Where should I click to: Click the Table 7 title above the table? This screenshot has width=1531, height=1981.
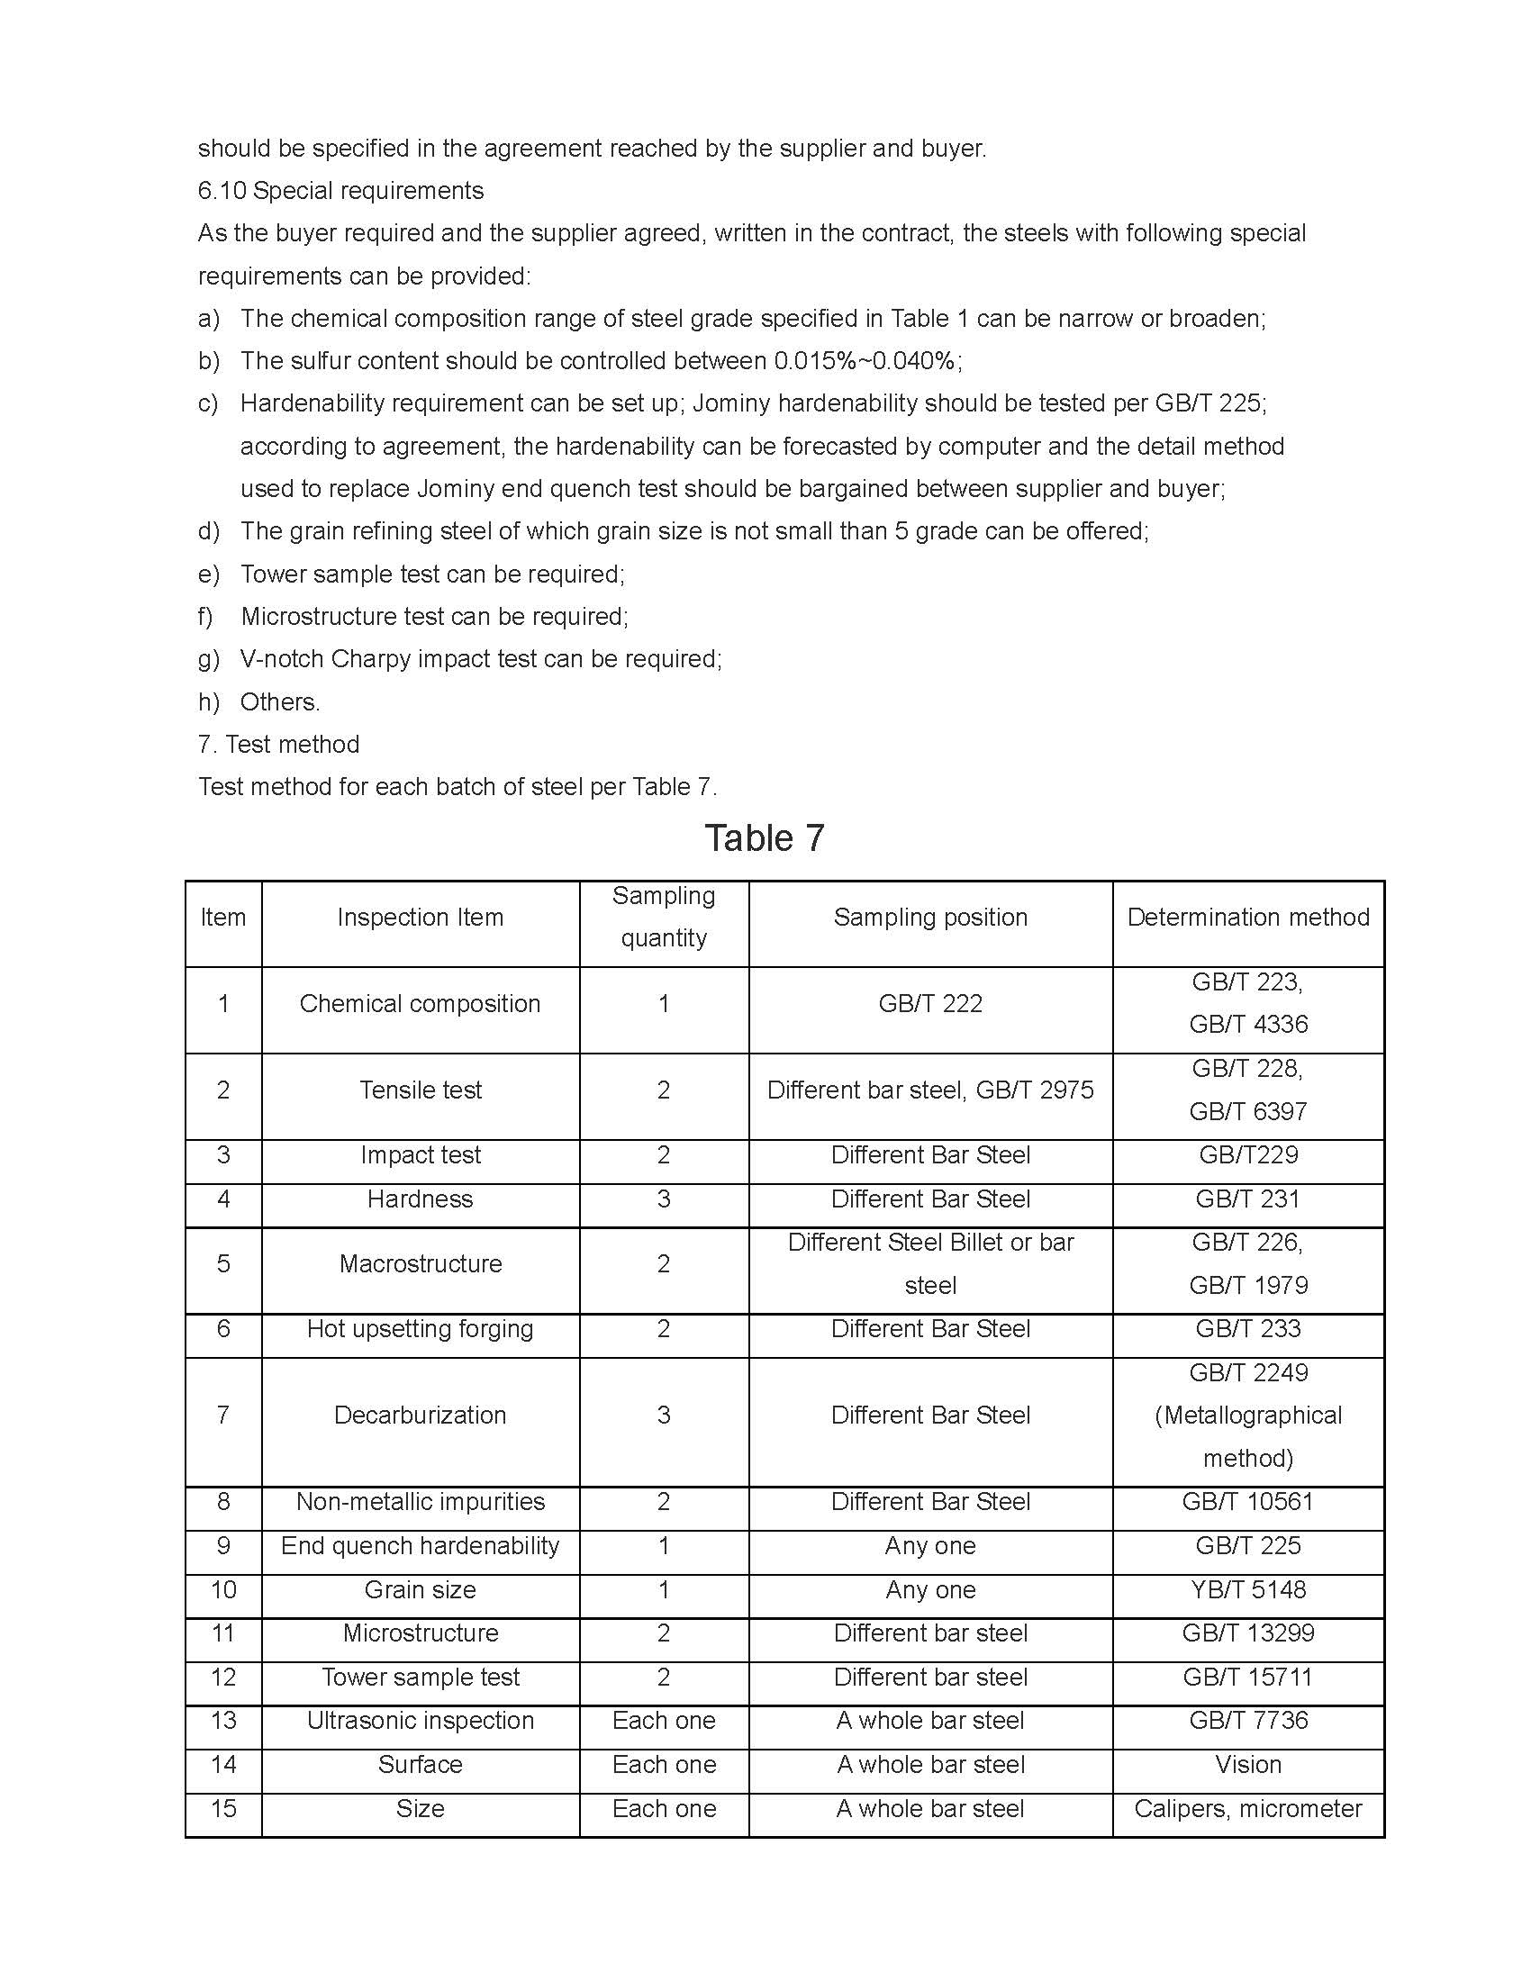click(x=765, y=838)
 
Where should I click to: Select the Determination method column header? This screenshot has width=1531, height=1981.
click(x=1248, y=917)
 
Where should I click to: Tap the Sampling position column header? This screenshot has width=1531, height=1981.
click(x=930, y=917)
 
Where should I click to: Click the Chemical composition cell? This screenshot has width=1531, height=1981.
click(x=420, y=1003)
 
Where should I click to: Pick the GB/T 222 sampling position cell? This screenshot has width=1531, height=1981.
click(x=930, y=1003)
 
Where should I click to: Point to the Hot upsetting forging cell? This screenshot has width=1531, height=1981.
click(x=420, y=1329)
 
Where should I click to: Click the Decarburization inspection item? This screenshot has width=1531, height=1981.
click(x=420, y=1415)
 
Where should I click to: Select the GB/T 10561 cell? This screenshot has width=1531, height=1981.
click(x=1248, y=1501)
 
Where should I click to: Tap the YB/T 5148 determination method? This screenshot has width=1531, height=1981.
click(x=1248, y=1589)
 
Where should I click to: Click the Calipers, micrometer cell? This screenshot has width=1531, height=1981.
click(x=1248, y=1809)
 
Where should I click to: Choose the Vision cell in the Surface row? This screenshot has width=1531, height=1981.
click(x=1248, y=1764)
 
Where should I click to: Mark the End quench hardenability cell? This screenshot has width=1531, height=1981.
click(x=420, y=1545)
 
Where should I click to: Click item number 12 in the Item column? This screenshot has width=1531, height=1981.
click(x=223, y=1678)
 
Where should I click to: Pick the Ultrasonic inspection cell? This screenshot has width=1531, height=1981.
click(x=420, y=1721)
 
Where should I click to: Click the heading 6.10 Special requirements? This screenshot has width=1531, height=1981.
click(x=340, y=191)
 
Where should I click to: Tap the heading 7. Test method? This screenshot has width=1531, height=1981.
click(x=278, y=744)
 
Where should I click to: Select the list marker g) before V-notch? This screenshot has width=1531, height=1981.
click(x=209, y=658)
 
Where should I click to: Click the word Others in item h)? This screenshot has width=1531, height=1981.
click(x=279, y=701)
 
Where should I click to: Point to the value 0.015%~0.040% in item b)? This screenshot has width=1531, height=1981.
click(x=866, y=361)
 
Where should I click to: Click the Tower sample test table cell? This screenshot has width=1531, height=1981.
click(x=420, y=1678)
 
